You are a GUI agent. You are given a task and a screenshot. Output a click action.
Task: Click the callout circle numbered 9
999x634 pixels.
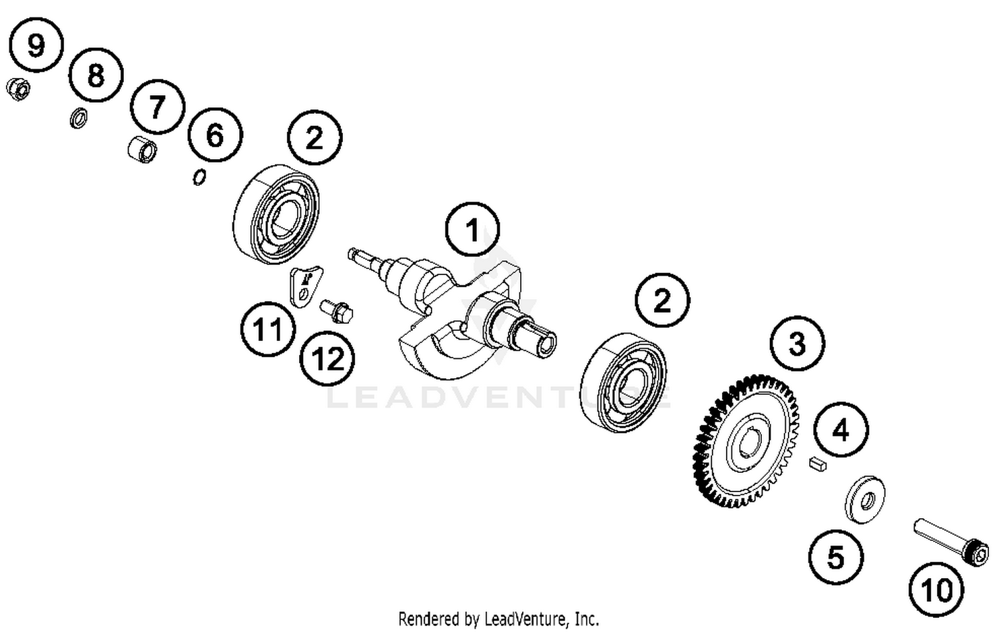pos(36,45)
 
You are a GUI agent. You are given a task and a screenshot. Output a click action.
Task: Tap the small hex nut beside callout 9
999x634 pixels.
pos(17,89)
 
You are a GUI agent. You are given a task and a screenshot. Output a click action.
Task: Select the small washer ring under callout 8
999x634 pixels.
pos(79,119)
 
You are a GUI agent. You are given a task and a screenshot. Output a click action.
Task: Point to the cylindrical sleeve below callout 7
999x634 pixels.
pos(142,149)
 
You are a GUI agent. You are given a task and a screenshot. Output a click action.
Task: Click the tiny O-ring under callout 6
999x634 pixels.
pos(198,177)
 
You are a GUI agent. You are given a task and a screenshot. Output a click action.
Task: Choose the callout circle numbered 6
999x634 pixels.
pos(214,135)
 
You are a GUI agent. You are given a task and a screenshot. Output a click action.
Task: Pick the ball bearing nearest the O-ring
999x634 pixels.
pos(276,213)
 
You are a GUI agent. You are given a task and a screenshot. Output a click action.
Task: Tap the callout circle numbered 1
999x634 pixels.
pos(472,230)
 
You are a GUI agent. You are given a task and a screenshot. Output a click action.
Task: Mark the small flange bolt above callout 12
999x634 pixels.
pos(337,311)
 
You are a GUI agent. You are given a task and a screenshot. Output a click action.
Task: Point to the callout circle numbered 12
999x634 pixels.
pos(327,360)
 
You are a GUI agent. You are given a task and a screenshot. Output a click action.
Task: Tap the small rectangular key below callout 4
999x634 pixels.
pos(817,464)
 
